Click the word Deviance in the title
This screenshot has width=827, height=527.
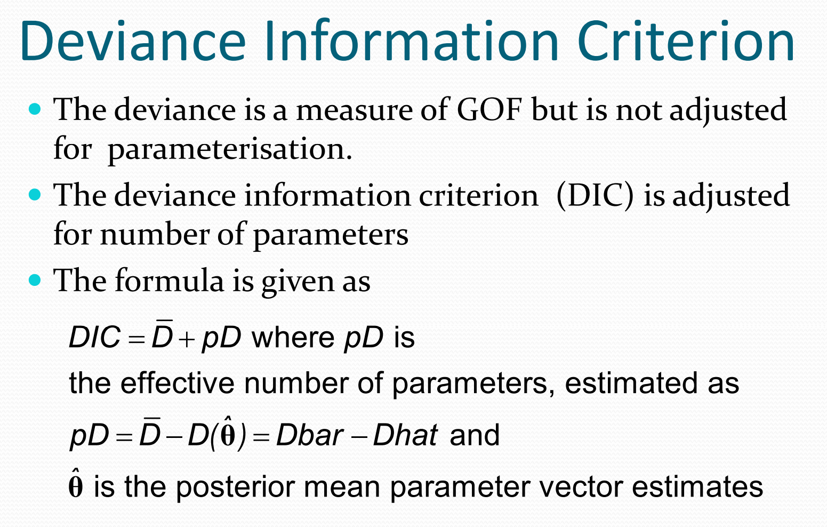tap(133, 41)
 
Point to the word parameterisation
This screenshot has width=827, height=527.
tap(230, 149)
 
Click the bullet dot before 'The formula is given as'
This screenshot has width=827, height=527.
tap(35, 280)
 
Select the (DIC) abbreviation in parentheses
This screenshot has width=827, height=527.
tap(595, 196)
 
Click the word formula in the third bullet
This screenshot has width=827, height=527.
tap(170, 281)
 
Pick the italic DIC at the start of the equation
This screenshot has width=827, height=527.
tap(95, 337)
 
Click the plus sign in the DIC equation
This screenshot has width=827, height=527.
tap(187, 340)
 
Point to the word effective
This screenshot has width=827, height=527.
tap(177, 383)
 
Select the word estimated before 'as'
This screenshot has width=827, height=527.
tap(631, 383)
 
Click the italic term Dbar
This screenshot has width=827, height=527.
tap(310, 435)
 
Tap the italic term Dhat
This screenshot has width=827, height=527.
tap(405, 435)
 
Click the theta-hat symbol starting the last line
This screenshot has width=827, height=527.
tap(76, 483)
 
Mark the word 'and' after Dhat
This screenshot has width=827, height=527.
tap(475, 435)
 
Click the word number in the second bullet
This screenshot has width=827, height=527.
tap(155, 235)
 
